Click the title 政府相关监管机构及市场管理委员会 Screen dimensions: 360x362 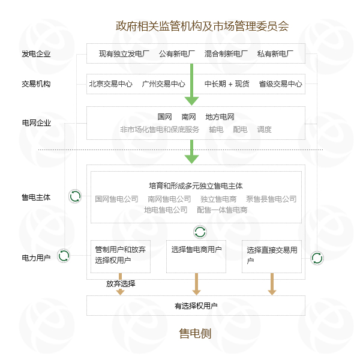pyautogui.click(x=202, y=26)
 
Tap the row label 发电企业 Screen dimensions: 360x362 pyautogui.click(x=36, y=54)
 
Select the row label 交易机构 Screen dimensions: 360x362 pyautogui.click(x=36, y=84)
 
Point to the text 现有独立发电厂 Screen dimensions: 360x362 pyautogui.click(x=124, y=54)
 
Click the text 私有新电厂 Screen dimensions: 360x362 pyautogui.click(x=275, y=54)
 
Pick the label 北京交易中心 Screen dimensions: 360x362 pyautogui.click(x=111, y=84)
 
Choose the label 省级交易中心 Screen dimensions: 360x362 pyautogui.click(x=280, y=84)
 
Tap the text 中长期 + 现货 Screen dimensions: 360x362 pyautogui.click(x=227, y=84)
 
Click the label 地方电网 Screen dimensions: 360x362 pyautogui.click(x=220, y=117)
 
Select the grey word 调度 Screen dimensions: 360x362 pyautogui.click(x=264, y=129)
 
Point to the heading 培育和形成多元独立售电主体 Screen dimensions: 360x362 pyautogui.click(x=196, y=186)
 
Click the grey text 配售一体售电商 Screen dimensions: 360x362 pyautogui.click(x=222, y=210)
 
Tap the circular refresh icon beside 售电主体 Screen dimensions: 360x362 pyautogui.click(x=75, y=196)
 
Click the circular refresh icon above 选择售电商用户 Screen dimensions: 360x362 pyautogui.click(x=200, y=232)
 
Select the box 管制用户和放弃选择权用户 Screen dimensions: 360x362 pyautogui.click(x=121, y=256)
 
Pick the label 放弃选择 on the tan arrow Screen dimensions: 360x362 pyautogui.click(x=121, y=284)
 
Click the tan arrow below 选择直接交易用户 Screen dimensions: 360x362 pyautogui.click(x=272, y=284)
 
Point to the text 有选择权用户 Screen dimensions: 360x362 pyautogui.click(x=196, y=306)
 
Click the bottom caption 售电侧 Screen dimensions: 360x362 pyautogui.click(x=195, y=334)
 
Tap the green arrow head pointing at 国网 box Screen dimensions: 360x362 pyautogui.click(x=191, y=101)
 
